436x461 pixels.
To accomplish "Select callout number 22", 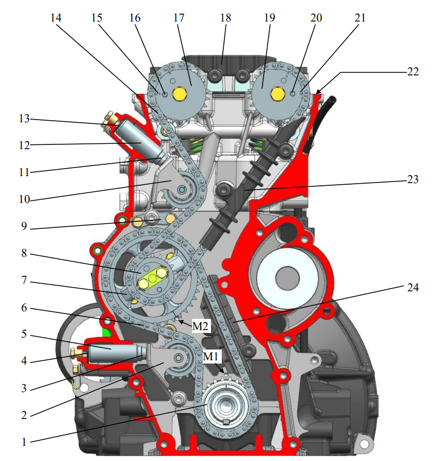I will (x=412, y=73).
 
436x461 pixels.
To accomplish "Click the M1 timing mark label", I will (x=211, y=356).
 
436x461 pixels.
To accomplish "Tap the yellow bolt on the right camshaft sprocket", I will (x=277, y=94).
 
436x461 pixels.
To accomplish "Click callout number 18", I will (x=225, y=18).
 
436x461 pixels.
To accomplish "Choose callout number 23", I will (x=412, y=179).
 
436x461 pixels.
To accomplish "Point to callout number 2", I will (x=23, y=415).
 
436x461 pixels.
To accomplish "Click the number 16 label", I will (x=134, y=18).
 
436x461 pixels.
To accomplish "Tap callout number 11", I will (x=23, y=172).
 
